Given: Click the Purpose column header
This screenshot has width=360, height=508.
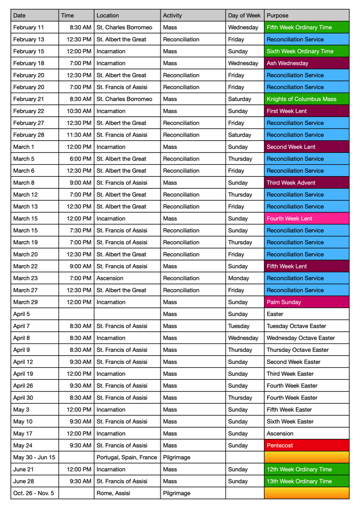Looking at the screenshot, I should (x=307, y=15).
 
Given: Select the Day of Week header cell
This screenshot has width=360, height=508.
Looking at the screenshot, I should (x=244, y=15).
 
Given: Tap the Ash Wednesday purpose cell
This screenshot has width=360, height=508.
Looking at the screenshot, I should (x=307, y=63).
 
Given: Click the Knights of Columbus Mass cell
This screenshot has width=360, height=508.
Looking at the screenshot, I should (x=307, y=99).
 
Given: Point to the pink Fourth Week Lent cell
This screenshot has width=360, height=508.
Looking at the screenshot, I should (x=307, y=218).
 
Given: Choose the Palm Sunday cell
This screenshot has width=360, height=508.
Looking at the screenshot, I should (x=307, y=302).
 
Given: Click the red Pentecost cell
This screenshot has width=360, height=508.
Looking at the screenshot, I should (x=307, y=445).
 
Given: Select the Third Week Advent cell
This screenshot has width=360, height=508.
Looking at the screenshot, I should (x=307, y=183).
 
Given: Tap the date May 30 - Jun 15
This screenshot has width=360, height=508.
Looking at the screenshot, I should (x=34, y=457).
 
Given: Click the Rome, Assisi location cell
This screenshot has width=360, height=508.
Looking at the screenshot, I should (x=127, y=493).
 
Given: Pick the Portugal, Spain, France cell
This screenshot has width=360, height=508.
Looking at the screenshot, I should (x=127, y=457).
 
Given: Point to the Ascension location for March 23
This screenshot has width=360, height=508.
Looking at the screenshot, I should (x=127, y=278).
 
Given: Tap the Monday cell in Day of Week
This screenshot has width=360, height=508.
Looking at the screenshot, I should (x=244, y=278).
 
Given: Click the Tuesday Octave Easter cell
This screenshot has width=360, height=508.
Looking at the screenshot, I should (x=307, y=326).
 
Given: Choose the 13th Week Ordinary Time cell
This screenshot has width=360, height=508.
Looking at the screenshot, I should (x=307, y=481).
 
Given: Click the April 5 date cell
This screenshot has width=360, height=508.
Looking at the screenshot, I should (x=34, y=314).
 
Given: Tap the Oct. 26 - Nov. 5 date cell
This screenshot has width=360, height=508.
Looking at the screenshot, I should (x=34, y=493).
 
